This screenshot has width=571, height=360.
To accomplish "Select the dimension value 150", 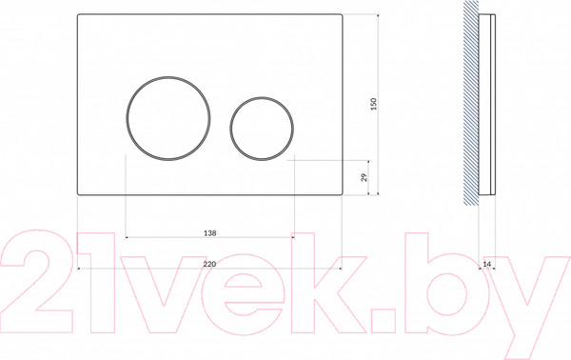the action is click(x=374, y=104).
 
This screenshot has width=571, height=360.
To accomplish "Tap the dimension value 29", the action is click(x=364, y=177).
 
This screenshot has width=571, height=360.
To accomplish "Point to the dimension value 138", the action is click(x=209, y=232).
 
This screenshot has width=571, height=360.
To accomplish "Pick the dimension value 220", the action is click(x=209, y=264).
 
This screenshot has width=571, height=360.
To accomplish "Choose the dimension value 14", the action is click(x=487, y=264).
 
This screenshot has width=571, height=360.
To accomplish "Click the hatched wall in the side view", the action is click(x=471, y=103).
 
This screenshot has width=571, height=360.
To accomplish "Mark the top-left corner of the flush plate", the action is click(x=78, y=14).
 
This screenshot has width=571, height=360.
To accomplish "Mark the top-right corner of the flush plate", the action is click(x=343, y=14).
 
